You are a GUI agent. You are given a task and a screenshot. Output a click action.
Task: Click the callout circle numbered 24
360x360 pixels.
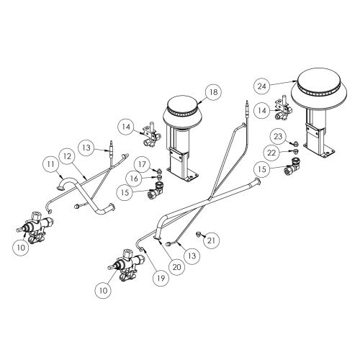pos(262,86)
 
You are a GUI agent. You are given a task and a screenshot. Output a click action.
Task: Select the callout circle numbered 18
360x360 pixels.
pos(213,92)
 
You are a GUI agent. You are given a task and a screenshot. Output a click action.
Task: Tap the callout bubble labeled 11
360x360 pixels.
pos(50,164)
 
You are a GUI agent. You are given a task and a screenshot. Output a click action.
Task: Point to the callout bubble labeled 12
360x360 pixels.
pos(68,156)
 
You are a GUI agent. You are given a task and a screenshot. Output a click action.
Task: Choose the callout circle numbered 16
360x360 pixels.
pos(134,178)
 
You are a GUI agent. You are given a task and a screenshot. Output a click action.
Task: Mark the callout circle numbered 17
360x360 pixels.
pos(142,164)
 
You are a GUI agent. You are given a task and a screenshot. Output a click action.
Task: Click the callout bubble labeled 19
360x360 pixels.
pos(161,278)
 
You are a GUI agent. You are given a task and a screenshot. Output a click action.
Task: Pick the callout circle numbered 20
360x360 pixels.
pos(177,267)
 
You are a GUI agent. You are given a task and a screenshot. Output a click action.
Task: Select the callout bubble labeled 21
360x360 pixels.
pos(211,240)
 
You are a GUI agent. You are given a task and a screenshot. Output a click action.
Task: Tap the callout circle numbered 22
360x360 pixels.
pos(271,153)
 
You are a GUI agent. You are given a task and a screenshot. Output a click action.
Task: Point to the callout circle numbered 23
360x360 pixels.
pos(278,137)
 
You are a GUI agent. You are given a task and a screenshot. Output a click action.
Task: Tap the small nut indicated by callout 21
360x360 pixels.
pos(198,234)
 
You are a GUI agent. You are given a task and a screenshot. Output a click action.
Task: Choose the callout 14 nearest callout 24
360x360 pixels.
pos(262,111)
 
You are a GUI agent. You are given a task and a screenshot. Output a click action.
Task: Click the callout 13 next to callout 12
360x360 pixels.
pos(86,148)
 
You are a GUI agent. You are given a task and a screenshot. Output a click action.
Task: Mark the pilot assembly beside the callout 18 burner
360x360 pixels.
pos(150,135)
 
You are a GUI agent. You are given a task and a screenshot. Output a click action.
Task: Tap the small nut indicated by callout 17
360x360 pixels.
pos(158,171)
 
